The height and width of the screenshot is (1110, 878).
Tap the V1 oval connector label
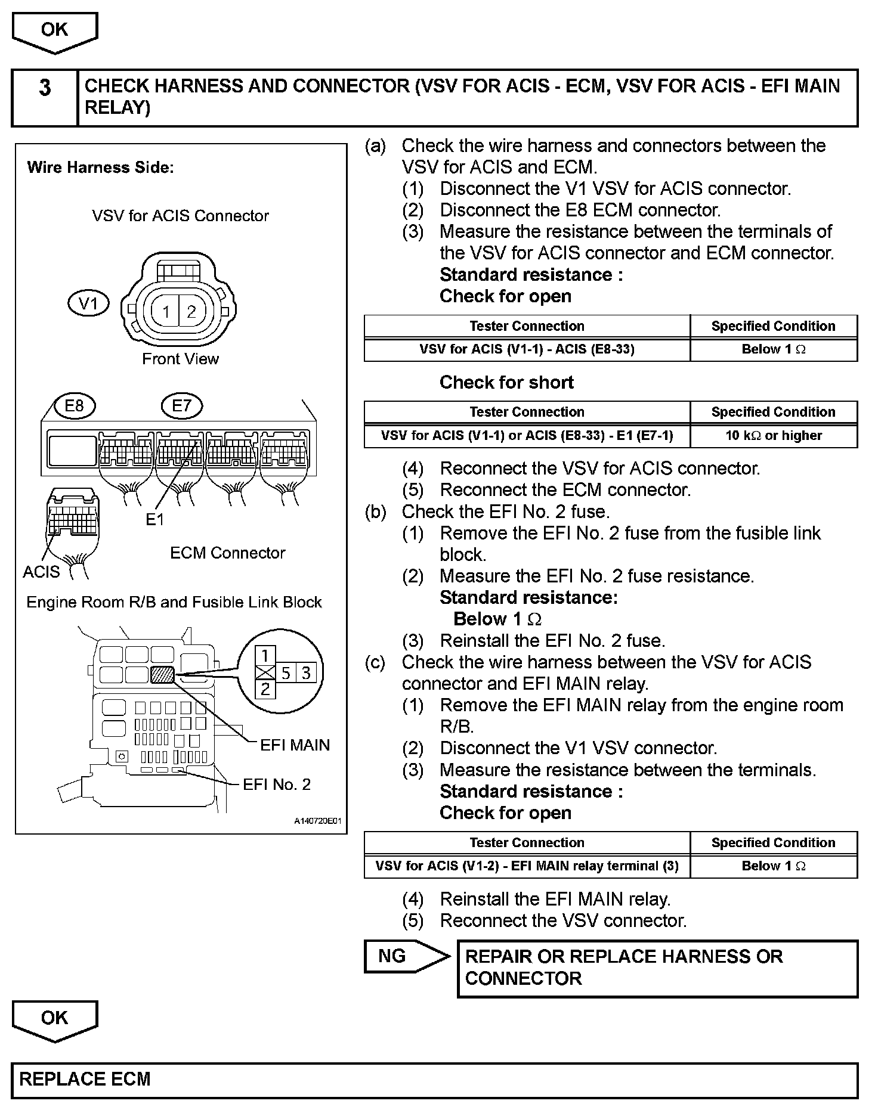[x=88, y=304]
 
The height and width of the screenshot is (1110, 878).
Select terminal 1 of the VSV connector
[x=166, y=311]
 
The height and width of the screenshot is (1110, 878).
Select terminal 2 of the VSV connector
[x=191, y=311]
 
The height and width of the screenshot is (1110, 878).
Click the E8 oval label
[x=74, y=406]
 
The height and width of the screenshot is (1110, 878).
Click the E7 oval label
[x=181, y=406]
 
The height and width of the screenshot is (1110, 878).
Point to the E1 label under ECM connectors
[x=154, y=520]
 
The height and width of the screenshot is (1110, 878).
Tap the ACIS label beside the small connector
[x=41, y=572]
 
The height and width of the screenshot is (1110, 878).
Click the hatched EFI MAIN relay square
[x=162, y=674]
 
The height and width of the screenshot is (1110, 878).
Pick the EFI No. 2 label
[x=277, y=785]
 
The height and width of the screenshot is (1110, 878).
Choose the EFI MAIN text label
[x=295, y=745]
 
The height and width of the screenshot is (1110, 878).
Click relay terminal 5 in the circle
[x=286, y=674]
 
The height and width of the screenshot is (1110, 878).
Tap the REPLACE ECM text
[x=85, y=1079]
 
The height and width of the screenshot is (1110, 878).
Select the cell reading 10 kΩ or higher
[x=773, y=436]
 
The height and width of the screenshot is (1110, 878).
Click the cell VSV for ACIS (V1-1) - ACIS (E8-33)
[x=527, y=349]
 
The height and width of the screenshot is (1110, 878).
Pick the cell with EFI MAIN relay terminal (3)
[x=527, y=866]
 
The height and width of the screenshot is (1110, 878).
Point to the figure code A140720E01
[x=317, y=821]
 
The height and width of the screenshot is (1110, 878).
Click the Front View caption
[x=180, y=359]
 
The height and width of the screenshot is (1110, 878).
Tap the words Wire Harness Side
[x=100, y=168]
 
